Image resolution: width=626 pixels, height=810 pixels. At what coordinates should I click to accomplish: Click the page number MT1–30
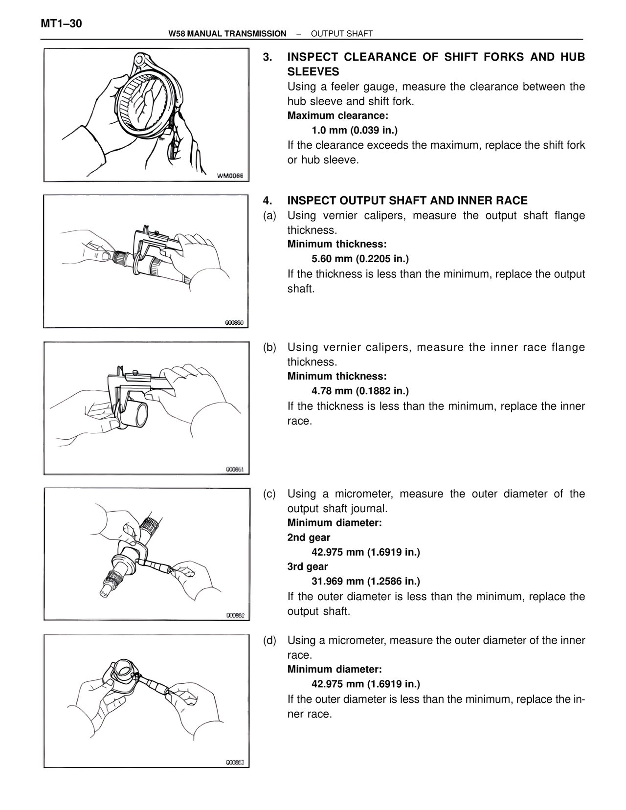(61, 23)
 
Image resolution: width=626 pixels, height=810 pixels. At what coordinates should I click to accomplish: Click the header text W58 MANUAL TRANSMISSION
(227, 34)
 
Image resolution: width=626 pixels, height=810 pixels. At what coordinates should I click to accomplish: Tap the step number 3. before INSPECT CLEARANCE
(267, 57)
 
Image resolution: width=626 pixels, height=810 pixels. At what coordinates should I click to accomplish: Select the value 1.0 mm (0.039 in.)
(355, 131)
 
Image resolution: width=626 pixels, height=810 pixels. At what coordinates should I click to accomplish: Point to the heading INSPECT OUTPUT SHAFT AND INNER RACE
(407, 201)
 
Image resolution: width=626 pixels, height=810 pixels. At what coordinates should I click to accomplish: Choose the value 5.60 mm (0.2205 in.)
(360, 259)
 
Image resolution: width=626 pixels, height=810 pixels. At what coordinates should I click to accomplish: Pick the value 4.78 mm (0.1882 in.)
(360, 391)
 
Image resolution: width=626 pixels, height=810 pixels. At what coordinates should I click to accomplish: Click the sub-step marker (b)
(269, 347)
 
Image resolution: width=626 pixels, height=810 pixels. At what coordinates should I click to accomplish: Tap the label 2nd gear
(309, 538)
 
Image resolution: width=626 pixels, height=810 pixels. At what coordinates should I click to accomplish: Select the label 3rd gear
(308, 566)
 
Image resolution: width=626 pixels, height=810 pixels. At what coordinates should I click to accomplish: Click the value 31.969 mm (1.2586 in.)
(366, 581)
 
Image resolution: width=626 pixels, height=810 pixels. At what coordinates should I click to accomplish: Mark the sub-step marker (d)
(269, 640)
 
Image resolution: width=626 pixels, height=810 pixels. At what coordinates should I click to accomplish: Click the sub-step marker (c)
(269, 494)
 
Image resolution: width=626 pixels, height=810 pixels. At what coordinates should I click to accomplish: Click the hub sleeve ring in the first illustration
(147, 103)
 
